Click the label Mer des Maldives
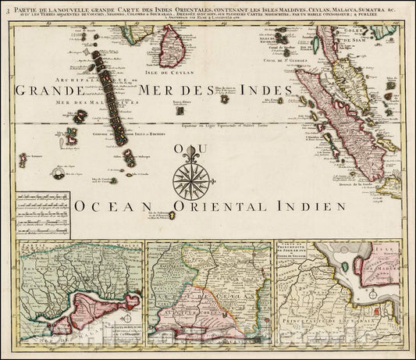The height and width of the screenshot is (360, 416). tap(85, 105)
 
